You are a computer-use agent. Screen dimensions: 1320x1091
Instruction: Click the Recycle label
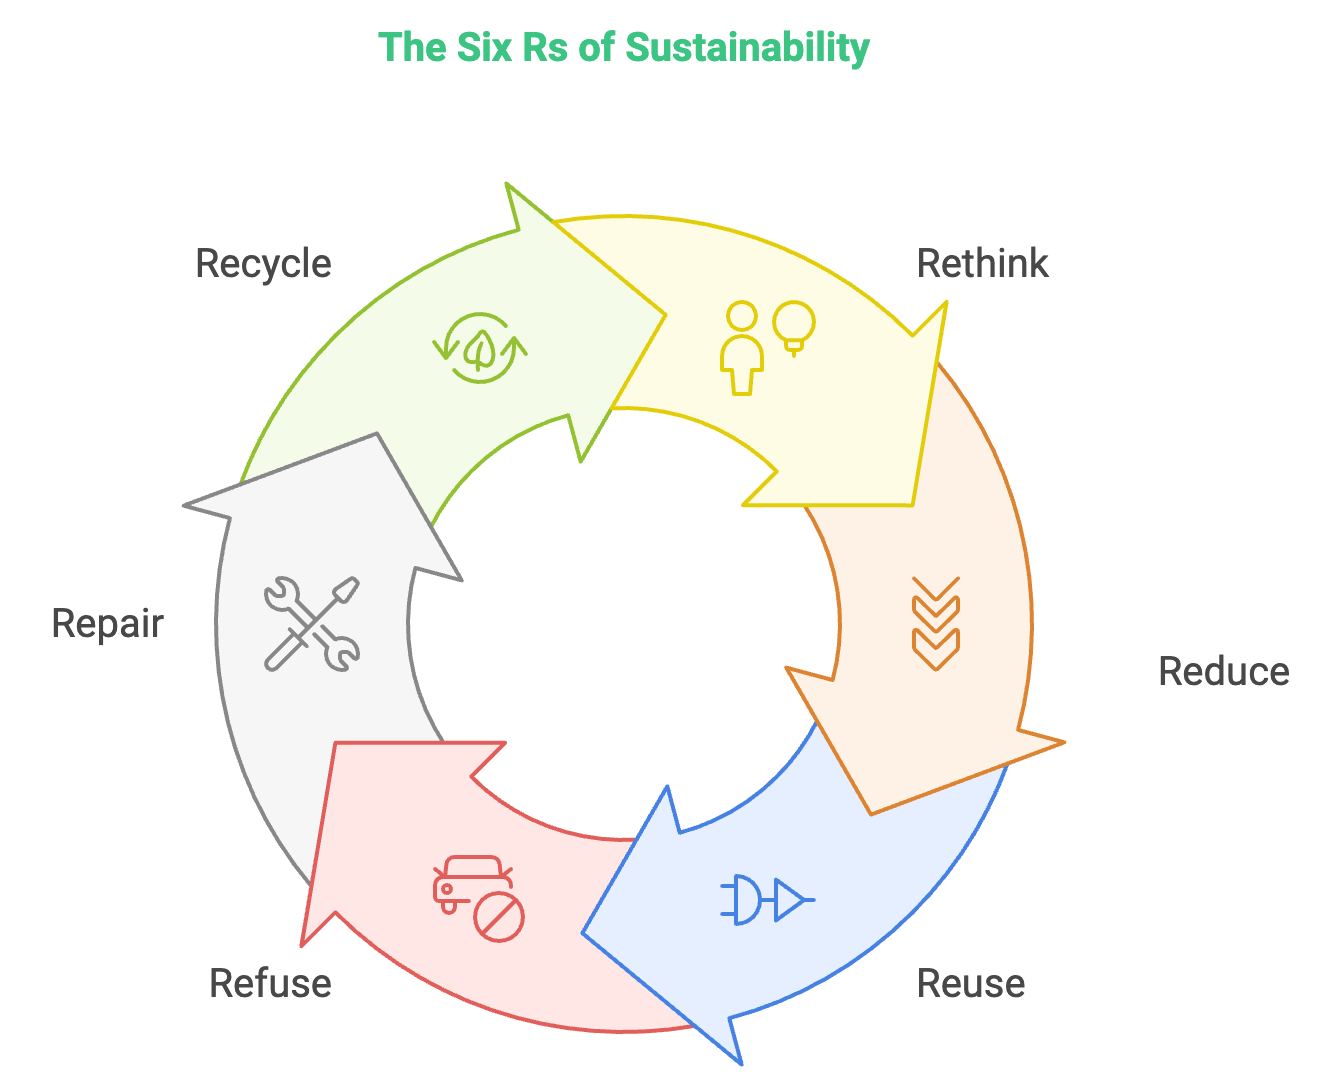tap(263, 264)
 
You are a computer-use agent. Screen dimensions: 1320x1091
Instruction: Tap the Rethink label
tap(982, 263)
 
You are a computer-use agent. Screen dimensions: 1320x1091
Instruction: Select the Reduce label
tap(1224, 671)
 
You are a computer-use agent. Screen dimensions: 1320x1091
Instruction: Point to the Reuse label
tap(971, 984)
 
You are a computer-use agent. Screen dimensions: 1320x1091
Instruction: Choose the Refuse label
tap(270, 984)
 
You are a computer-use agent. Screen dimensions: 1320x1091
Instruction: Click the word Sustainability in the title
tap(747, 48)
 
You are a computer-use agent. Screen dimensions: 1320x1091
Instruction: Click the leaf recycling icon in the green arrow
tap(480, 348)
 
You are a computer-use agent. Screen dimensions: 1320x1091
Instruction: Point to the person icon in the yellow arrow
tap(742, 348)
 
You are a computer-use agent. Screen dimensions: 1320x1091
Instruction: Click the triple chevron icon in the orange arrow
tap(936, 623)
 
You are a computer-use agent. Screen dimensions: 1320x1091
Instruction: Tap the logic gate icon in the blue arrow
tap(767, 899)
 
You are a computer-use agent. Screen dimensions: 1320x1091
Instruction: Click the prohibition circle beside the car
tap(499, 917)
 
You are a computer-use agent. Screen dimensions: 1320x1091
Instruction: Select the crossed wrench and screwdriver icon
tap(312, 623)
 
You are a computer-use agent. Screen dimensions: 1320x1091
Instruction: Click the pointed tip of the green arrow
tap(666, 314)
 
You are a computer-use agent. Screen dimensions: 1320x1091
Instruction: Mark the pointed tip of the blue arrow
tap(582, 933)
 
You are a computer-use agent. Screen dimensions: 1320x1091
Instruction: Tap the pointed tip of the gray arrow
tap(377, 433)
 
